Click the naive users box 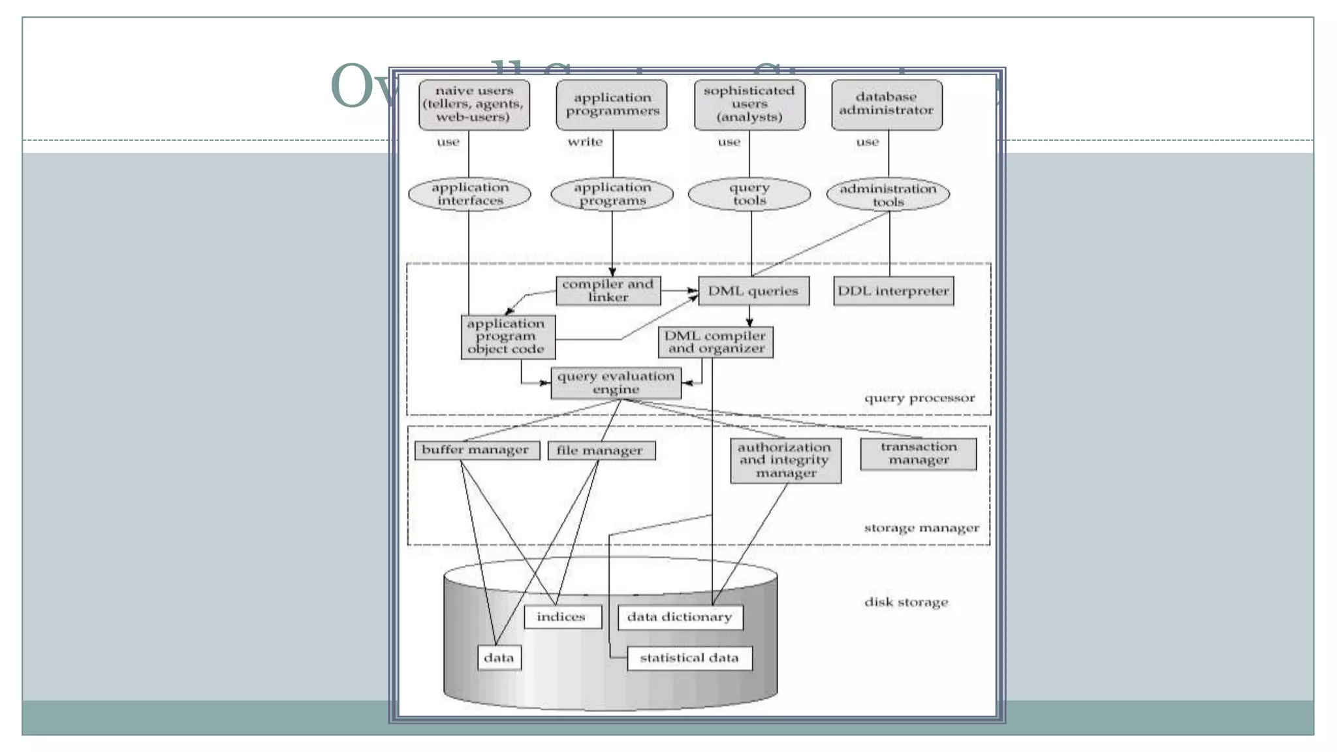point(474,104)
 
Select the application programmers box point(612,104)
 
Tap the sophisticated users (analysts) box point(749,104)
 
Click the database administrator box point(887,104)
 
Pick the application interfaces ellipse point(469,194)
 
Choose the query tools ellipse point(749,194)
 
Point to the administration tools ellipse point(888,195)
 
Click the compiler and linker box point(608,290)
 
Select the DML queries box point(753,291)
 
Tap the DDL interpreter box point(893,291)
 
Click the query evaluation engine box point(616,383)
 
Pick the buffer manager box point(477,450)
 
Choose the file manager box point(601,450)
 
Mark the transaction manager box point(918,454)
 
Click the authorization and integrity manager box point(785,460)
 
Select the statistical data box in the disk point(689,658)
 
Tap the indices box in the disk point(562,617)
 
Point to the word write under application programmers point(585,142)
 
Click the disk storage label point(906,602)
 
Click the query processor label point(919,398)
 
